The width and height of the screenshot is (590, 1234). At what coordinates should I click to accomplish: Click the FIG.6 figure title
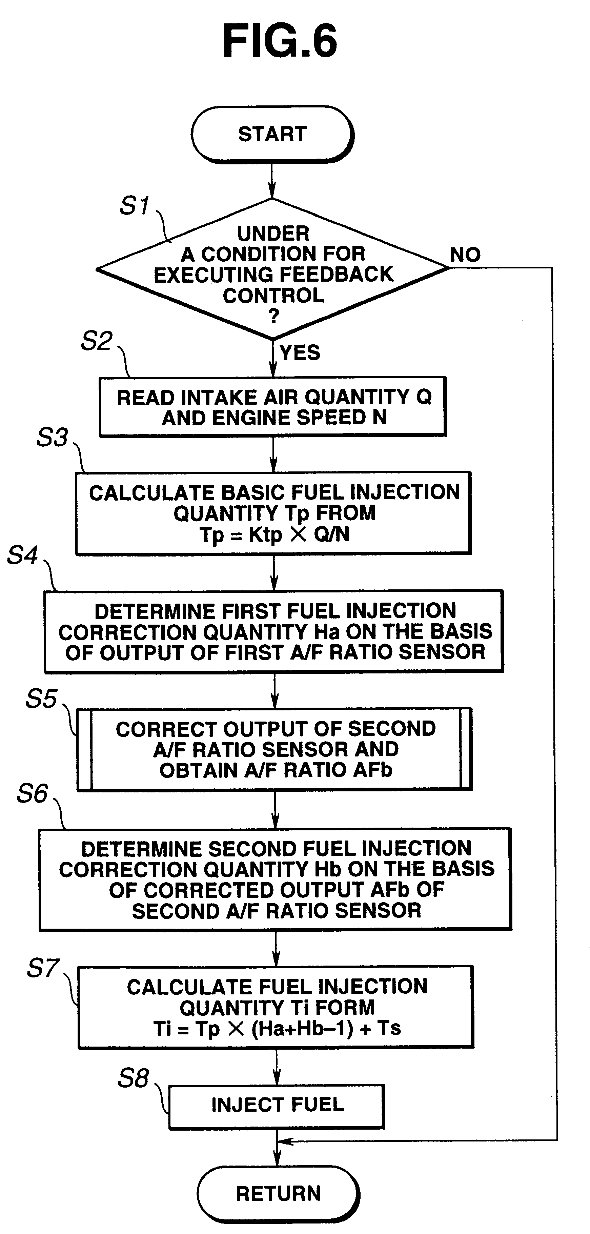click(x=280, y=41)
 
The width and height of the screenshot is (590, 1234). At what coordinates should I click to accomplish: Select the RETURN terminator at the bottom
click(x=278, y=1194)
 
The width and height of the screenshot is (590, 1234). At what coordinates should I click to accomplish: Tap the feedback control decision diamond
click(x=273, y=269)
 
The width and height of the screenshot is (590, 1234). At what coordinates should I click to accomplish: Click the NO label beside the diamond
click(x=465, y=255)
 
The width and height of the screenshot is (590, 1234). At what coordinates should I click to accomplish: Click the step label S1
click(x=135, y=205)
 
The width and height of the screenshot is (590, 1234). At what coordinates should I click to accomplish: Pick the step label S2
click(x=97, y=341)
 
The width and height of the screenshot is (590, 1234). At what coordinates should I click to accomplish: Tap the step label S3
click(x=52, y=437)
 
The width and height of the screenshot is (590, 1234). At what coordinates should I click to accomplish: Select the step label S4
click(x=22, y=556)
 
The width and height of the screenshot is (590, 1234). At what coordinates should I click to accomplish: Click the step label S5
click(x=41, y=699)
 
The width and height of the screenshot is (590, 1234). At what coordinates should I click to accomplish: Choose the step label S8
click(x=133, y=1079)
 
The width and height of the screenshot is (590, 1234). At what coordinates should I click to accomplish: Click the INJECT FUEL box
click(x=277, y=1107)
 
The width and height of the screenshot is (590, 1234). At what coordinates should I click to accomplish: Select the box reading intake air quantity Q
click(x=273, y=407)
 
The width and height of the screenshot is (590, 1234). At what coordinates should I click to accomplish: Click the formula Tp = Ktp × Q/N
click(x=274, y=534)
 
